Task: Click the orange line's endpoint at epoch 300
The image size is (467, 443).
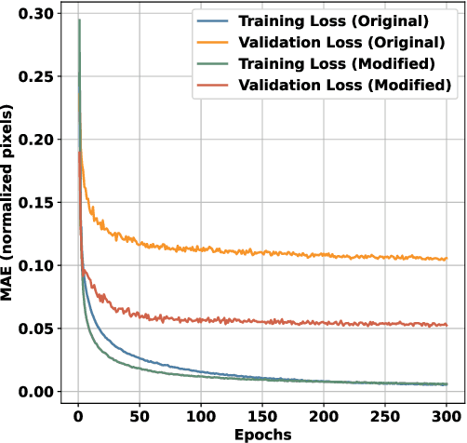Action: [x=447, y=259]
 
